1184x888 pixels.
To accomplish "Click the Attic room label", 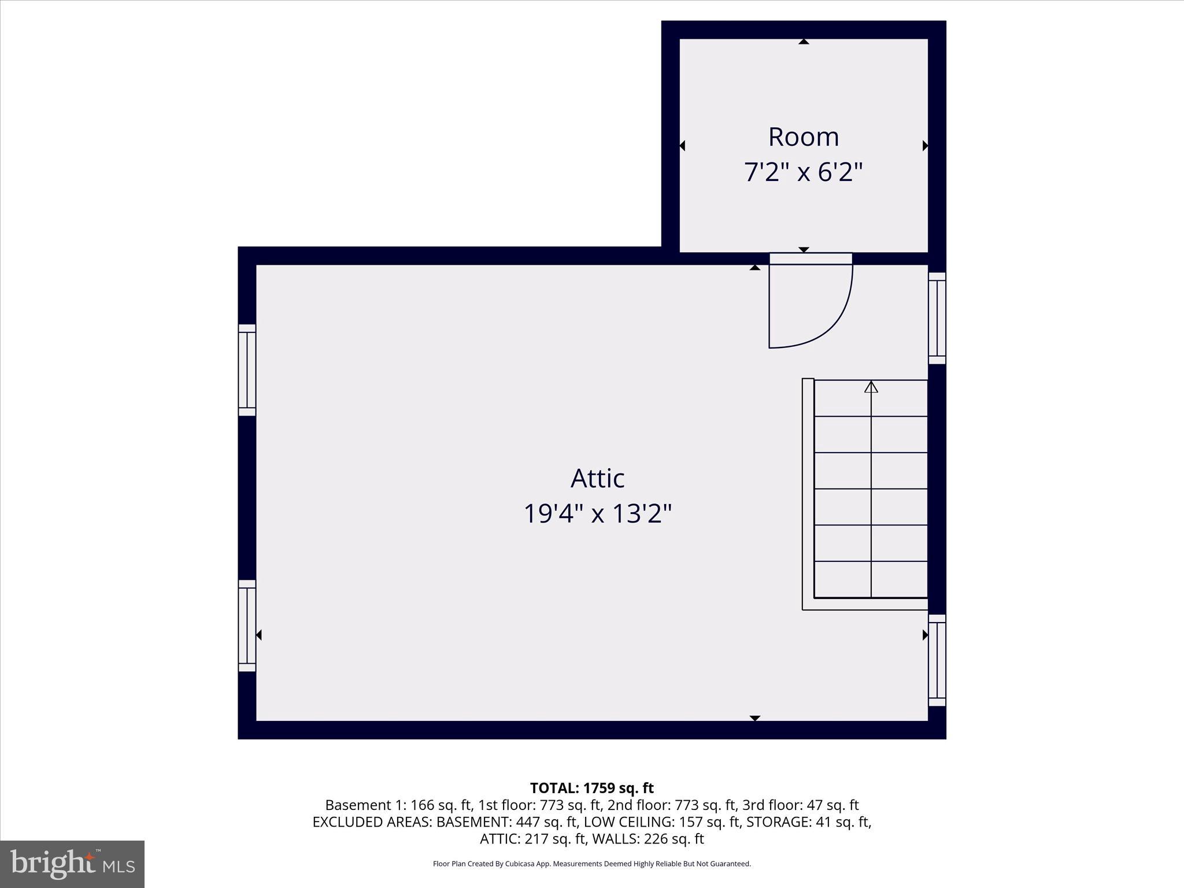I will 597,478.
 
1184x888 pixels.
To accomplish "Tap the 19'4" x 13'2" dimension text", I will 597,513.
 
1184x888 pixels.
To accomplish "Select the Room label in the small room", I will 803,137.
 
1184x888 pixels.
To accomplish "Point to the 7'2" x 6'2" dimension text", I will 803,172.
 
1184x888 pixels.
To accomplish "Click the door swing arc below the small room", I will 832,324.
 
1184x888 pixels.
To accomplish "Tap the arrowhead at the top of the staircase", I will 871,387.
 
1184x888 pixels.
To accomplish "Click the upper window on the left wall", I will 247,370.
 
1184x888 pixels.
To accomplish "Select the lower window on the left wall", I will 247,626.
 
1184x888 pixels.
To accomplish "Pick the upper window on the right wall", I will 937,318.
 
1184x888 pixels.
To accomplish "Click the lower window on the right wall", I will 937,660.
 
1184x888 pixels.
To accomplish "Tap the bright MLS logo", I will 72,864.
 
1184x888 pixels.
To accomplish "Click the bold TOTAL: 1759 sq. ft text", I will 591,788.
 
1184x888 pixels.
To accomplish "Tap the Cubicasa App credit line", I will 591,864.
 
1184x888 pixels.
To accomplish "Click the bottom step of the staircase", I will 871,579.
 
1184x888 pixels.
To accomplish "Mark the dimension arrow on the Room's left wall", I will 682,146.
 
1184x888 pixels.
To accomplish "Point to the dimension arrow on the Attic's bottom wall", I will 754,718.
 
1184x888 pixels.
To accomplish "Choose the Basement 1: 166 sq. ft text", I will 399,805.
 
